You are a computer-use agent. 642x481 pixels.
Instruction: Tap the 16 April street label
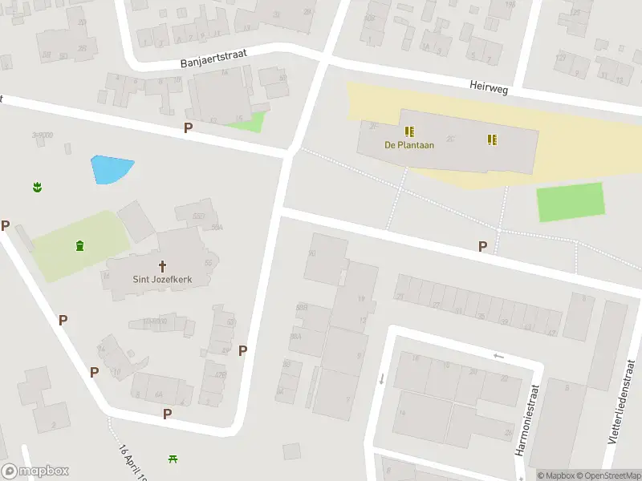coord(135,463)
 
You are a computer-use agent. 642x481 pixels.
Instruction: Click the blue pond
coord(110,169)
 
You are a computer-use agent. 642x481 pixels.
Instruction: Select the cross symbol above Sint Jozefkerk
coord(162,265)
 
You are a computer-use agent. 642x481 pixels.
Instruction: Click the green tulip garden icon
coord(37,188)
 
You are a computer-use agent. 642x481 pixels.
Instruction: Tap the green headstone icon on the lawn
coord(79,245)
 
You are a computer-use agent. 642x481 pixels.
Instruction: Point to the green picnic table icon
coord(173,459)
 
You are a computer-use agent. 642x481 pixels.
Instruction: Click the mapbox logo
coord(35,471)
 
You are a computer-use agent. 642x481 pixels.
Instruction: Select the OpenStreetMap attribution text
coord(607,475)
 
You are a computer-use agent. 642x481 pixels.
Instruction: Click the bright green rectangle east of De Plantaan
coord(570,201)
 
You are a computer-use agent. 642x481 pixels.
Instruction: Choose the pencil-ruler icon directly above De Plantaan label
coord(409,131)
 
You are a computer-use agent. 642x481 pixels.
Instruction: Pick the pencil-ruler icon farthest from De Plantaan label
coord(492,139)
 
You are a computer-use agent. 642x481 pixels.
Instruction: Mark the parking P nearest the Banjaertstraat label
coord(189,127)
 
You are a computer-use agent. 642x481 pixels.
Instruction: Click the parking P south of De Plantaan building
coord(482,247)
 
